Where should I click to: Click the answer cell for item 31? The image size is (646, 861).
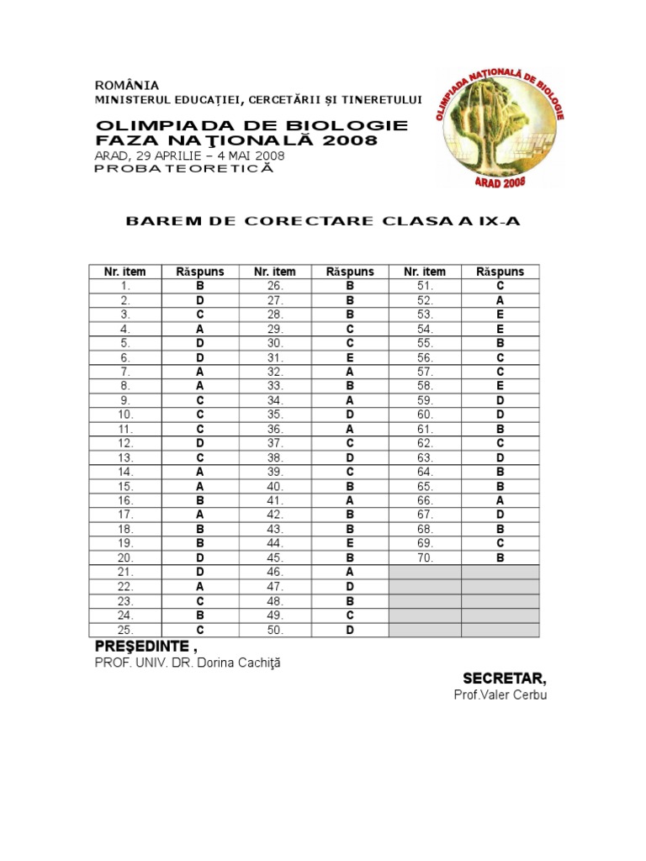point(350,357)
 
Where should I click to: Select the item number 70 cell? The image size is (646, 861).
point(425,557)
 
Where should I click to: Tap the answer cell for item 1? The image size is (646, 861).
point(200,286)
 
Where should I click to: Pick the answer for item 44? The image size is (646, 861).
point(350,543)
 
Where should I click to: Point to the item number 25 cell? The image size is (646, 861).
point(125,630)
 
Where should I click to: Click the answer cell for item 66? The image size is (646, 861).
point(500,500)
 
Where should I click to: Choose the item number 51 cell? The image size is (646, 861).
point(425,286)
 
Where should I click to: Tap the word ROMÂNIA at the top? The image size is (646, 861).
point(126,85)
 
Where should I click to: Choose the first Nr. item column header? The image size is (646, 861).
point(125,272)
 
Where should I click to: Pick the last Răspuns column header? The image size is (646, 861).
point(500,272)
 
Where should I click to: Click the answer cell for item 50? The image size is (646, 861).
point(350,630)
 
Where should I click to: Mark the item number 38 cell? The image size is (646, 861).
point(275,457)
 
